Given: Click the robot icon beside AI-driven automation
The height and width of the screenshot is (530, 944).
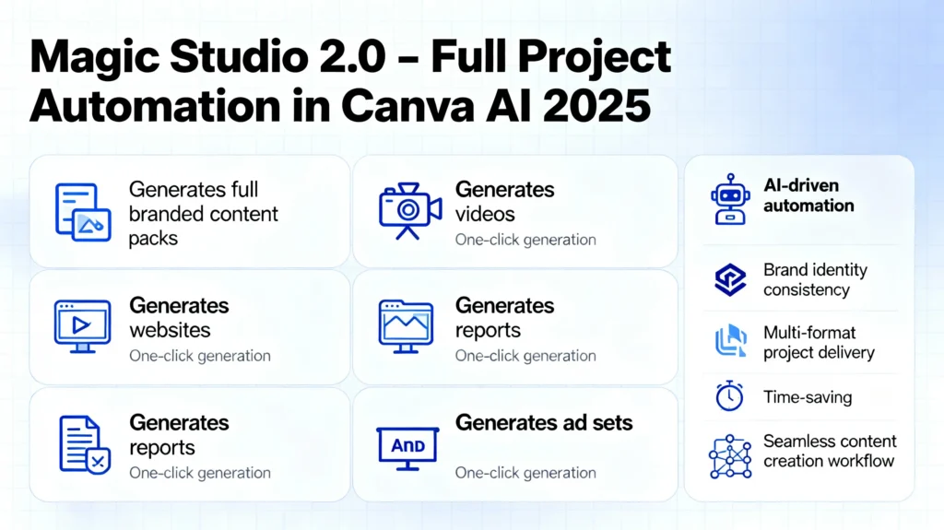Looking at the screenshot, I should tap(730, 198).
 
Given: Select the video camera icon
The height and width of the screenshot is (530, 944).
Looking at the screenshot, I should tap(409, 211).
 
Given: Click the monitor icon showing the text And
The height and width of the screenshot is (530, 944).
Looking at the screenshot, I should tap(407, 446).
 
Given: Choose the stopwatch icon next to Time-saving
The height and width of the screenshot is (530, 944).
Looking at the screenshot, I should tap(729, 396).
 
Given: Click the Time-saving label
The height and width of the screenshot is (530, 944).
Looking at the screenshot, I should tap(807, 397).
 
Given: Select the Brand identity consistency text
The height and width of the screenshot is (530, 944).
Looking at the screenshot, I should tap(814, 280).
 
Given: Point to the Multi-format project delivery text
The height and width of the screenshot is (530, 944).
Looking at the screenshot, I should tap(818, 342).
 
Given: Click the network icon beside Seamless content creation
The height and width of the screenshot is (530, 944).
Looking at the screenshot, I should tap(730, 455).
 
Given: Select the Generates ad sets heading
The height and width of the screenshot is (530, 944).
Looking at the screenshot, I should tap(543, 423).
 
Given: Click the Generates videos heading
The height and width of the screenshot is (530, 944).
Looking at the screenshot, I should tap(504, 201).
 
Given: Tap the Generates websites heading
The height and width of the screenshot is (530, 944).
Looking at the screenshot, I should tap(178, 317).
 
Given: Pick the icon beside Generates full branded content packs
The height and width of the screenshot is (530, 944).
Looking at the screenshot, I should tap(81, 212).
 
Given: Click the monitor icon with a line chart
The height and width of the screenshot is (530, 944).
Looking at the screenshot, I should tap(406, 325).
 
